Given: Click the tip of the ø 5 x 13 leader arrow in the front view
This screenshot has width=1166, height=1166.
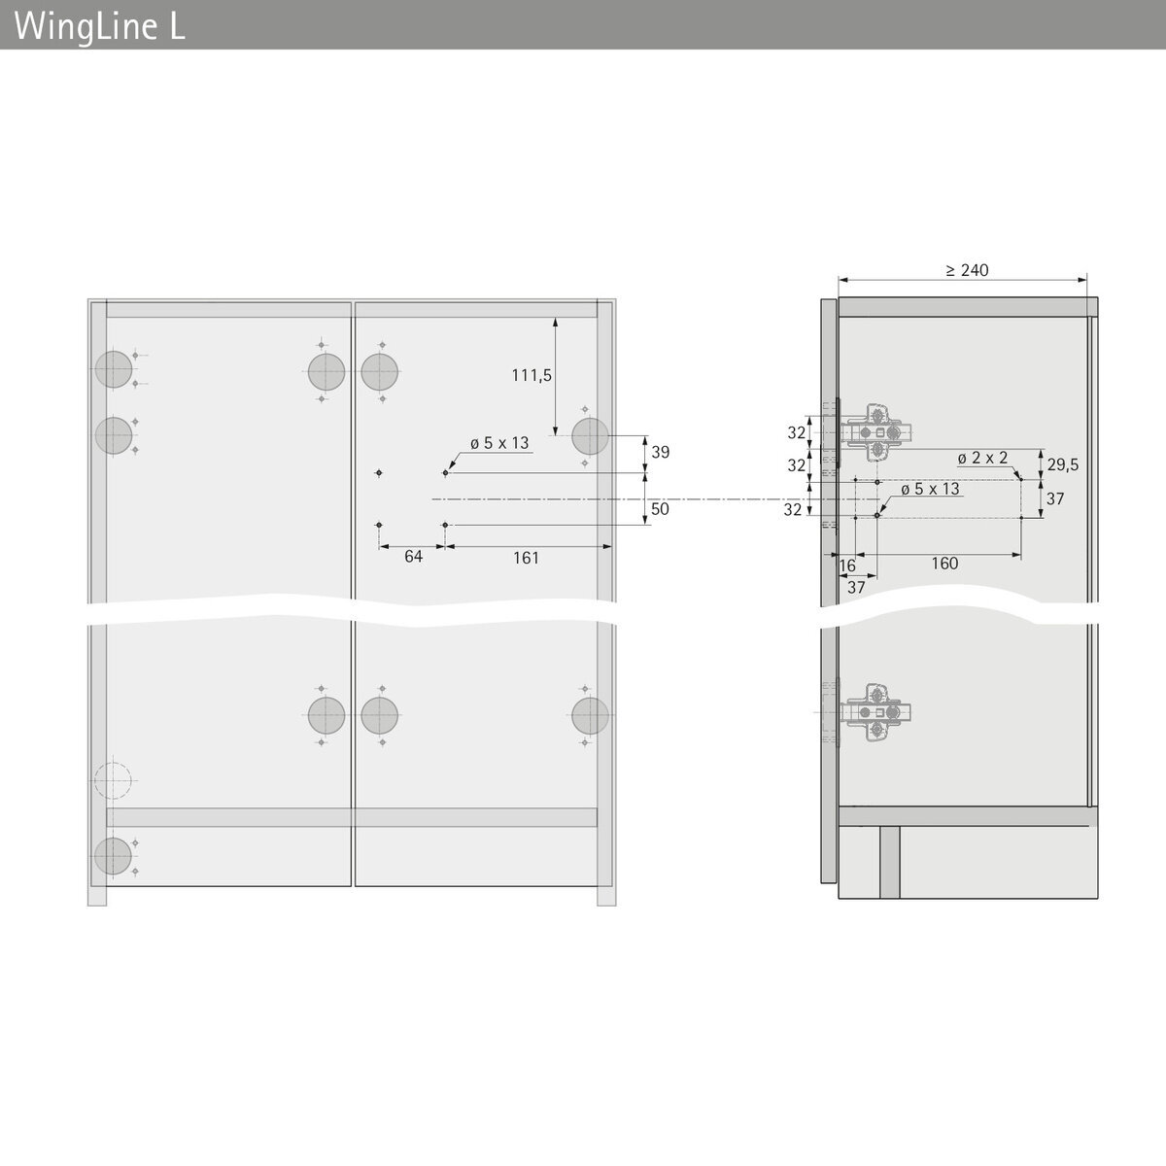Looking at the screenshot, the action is coord(447,470).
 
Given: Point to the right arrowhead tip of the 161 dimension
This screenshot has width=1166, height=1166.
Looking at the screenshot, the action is coord(611,547).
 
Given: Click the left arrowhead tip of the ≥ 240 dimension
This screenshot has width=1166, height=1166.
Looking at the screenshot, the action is coord(839,280).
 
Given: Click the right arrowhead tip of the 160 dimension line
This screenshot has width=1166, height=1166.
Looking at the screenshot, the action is coord(1021,555).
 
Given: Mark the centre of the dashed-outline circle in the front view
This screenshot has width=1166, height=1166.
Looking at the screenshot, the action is coord(113,780).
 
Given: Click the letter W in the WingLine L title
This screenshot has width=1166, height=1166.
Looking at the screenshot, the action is coord(30,26).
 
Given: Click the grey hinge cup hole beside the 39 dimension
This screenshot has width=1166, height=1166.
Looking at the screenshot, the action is coord(590,435).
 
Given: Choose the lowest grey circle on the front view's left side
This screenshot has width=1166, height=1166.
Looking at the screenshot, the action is coord(113,856).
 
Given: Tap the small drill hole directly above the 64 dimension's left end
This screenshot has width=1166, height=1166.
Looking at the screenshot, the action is coord(379,525).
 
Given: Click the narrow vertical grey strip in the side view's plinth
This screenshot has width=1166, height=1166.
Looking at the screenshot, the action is coord(889,863).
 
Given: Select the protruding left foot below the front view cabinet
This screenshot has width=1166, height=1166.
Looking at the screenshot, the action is coord(97,896).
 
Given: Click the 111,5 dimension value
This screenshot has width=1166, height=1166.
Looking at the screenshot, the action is coord(532,376).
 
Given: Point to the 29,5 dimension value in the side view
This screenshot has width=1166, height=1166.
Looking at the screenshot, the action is coord(1063,464).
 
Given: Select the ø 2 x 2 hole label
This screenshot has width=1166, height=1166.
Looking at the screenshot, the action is coord(982,458).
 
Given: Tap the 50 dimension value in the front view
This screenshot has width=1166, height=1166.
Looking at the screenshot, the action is coord(660,509).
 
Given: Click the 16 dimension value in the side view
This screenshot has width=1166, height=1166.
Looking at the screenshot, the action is coord(847,566).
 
